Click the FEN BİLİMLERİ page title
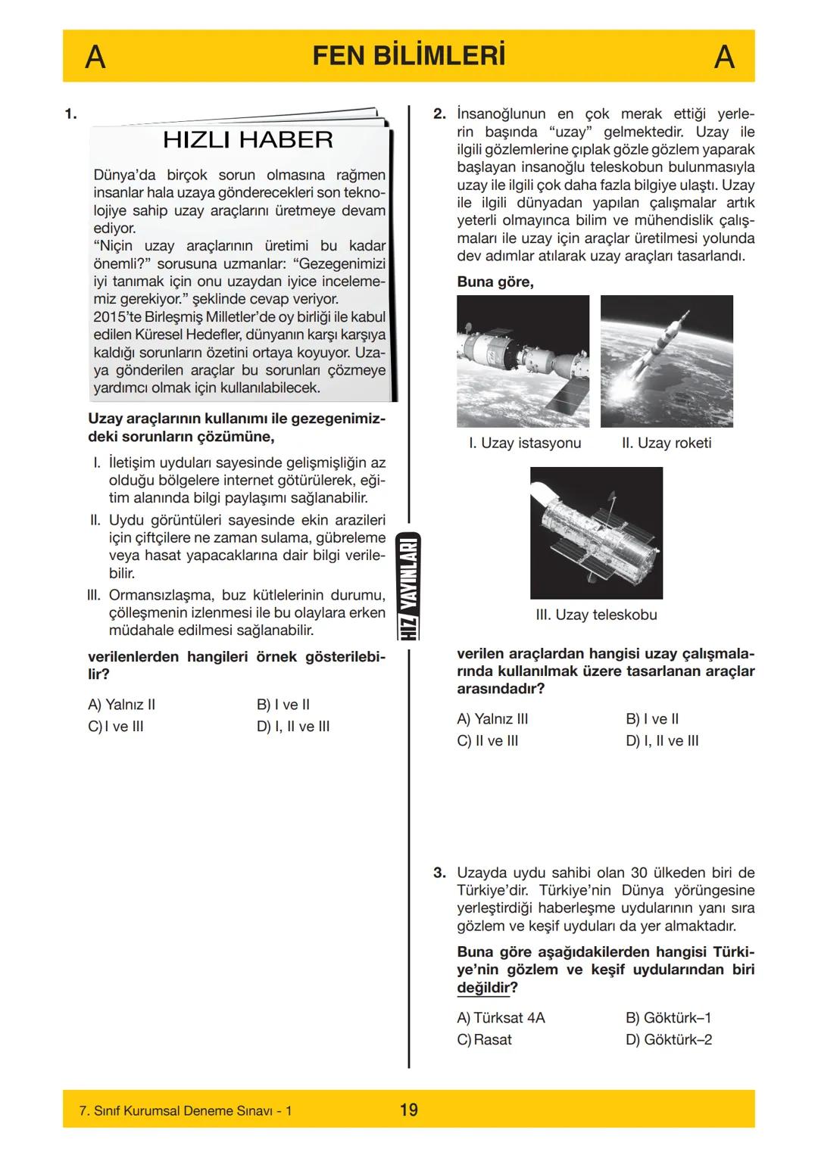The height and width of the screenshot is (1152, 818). [408, 56]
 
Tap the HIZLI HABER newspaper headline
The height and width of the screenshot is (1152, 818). [248, 140]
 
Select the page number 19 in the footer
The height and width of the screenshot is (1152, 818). [408, 1110]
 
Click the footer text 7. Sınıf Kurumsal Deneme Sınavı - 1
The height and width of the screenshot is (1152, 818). [186, 1110]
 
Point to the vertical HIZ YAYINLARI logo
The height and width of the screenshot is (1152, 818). [409, 587]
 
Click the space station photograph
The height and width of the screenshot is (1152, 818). [523, 361]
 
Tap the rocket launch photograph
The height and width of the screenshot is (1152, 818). [667, 361]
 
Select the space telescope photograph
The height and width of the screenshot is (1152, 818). [596, 533]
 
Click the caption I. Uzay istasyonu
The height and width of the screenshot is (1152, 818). [525, 443]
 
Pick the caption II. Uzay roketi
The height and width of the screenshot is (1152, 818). [667, 443]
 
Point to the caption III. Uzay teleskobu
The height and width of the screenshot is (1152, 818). [596, 615]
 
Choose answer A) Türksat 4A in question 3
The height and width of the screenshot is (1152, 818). [501, 1017]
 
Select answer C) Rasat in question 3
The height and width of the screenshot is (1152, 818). [485, 1039]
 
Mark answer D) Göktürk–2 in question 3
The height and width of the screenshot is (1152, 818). [668, 1039]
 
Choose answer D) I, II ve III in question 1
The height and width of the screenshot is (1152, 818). [293, 726]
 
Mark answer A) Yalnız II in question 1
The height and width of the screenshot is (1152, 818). [121, 704]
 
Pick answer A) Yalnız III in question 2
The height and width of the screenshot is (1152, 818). [492, 718]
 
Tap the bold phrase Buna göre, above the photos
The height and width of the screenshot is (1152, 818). [495, 282]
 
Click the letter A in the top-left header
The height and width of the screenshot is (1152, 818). [95, 57]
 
